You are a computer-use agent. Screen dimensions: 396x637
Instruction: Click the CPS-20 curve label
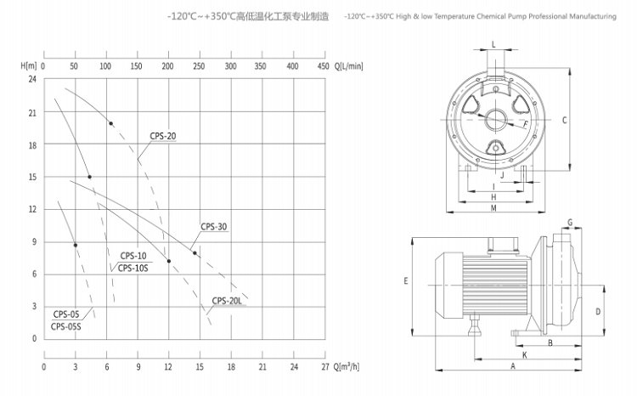click(x=163, y=135)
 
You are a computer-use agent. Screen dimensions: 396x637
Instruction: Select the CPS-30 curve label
click(x=214, y=226)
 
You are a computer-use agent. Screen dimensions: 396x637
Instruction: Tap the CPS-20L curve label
click(x=228, y=299)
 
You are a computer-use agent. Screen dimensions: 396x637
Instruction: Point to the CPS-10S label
click(x=133, y=268)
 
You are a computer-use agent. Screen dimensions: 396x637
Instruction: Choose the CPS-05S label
click(x=66, y=325)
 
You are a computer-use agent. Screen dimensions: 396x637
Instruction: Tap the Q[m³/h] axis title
click(x=345, y=367)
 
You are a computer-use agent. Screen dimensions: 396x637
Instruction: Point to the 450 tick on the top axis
click(x=322, y=65)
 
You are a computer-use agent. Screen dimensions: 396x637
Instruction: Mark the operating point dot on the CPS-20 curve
click(x=110, y=124)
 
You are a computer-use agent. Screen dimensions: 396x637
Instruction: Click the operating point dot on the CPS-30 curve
click(x=194, y=252)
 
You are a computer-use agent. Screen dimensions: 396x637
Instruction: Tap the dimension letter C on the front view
click(x=564, y=120)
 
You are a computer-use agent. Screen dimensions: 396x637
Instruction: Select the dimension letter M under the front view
click(x=494, y=209)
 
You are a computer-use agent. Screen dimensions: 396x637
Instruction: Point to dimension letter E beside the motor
click(x=407, y=280)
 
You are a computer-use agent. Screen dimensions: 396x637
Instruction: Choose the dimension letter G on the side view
click(x=570, y=222)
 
